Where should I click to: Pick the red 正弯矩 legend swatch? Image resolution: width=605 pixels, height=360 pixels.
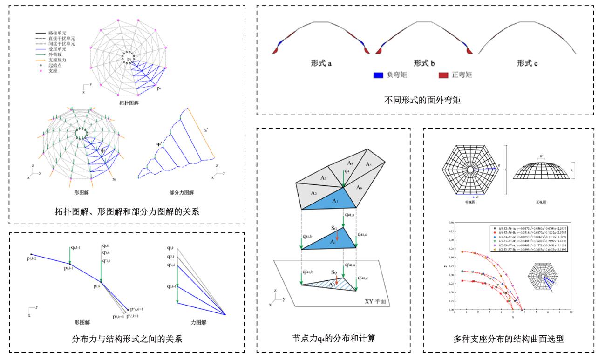(444, 75)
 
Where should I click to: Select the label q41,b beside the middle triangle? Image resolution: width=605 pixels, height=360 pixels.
(292, 237)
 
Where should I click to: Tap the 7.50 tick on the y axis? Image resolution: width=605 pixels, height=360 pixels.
(449, 224)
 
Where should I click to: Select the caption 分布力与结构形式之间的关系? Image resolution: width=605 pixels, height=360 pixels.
(127, 339)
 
